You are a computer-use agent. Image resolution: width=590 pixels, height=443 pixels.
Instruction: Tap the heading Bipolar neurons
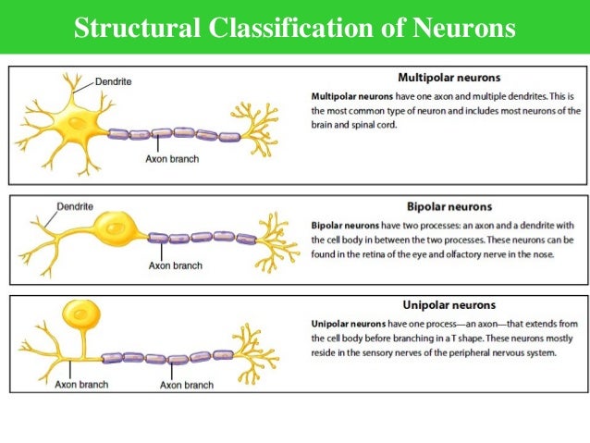pos(449,207)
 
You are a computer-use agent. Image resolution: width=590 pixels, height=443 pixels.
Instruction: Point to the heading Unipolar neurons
pos(449,305)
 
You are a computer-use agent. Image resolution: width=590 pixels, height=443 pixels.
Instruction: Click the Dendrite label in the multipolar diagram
pos(114,82)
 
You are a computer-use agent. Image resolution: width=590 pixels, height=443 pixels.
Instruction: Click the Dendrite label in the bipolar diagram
pos(78,206)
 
